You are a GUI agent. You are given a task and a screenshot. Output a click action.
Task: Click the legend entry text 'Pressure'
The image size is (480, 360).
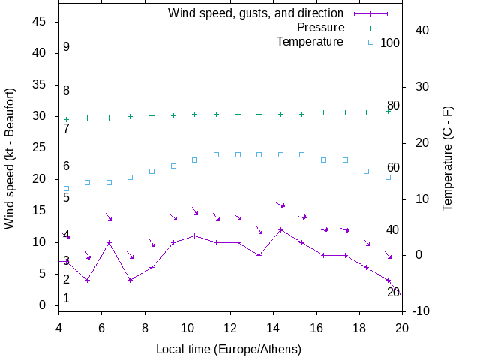click(320, 28)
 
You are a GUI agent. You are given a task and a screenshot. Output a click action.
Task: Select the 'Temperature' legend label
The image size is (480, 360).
click(310, 41)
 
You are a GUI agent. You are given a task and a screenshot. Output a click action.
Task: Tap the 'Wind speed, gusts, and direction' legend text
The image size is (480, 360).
click(256, 13)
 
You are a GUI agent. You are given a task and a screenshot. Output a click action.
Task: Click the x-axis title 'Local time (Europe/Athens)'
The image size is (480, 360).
click(229, 349)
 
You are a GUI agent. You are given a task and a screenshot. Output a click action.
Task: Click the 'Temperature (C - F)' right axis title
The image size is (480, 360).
click(448, 157)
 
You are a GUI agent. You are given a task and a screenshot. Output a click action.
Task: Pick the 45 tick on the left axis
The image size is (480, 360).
click(40, 22)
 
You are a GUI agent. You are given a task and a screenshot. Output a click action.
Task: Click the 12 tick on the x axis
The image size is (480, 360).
click(230, 326)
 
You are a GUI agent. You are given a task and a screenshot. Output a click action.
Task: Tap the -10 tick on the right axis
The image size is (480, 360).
click(421, 311)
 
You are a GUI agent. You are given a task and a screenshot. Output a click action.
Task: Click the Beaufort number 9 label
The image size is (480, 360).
click(66, 47)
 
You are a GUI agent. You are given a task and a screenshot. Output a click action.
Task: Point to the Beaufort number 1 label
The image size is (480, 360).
click(66, 298)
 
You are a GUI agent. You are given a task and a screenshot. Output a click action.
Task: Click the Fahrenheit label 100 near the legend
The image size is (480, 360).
click(390, 43)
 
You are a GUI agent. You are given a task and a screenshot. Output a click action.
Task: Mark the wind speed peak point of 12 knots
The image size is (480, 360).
click(280, 229)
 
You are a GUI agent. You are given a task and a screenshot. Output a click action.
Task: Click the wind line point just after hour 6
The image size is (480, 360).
click(109, 242)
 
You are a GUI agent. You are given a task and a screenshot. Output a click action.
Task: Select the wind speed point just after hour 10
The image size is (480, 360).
click(195, 235)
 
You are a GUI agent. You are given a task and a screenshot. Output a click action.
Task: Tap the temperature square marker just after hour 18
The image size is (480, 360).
click(367, 171)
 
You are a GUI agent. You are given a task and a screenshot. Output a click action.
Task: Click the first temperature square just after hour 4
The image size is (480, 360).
click(66, 189)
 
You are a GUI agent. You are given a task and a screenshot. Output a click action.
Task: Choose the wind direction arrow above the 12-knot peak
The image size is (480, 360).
click(280, 205)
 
